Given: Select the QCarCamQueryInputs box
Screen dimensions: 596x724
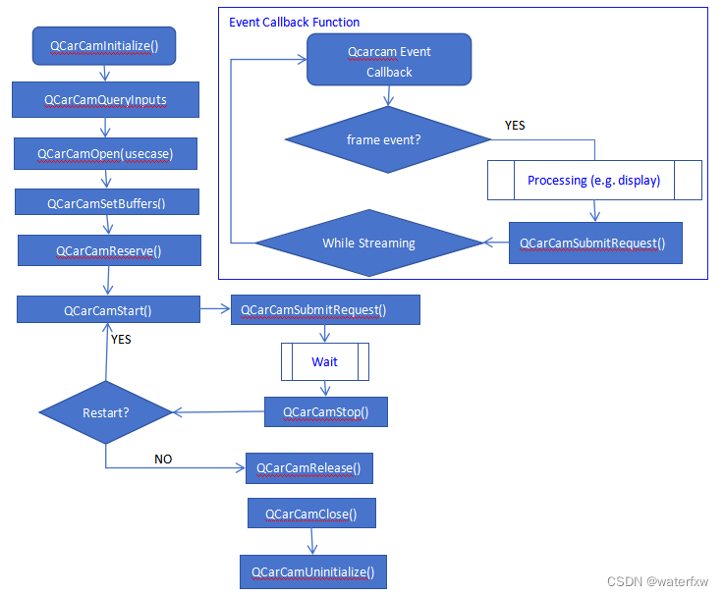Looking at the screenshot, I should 106,99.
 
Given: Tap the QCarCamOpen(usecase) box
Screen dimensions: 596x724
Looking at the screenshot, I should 104,153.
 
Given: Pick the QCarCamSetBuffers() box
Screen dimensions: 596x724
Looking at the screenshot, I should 106,202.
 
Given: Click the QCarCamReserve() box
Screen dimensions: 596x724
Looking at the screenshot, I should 108,250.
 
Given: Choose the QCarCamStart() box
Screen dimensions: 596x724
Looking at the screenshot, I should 107,309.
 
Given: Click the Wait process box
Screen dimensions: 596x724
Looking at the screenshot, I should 324,361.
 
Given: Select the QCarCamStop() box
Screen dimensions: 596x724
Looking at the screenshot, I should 326,411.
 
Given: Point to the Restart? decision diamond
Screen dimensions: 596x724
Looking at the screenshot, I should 106,412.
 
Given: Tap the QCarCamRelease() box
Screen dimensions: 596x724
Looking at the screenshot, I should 308,467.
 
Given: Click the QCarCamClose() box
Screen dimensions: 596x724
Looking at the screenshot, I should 310,514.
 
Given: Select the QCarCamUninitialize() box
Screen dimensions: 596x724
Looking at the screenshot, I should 312,571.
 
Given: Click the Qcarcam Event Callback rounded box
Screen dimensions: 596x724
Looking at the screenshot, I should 389,61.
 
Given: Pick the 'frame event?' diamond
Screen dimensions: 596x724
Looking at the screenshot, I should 384,139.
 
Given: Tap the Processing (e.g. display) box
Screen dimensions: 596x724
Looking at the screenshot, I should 593,180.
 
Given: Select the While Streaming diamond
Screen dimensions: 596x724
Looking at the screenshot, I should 368,243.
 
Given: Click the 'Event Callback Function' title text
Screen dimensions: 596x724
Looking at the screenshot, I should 294,22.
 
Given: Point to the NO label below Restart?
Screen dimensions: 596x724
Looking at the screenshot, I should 163,459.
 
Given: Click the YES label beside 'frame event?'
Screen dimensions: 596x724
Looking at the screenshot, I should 515,126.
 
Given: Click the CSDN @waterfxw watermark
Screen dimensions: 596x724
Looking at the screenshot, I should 657,581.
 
